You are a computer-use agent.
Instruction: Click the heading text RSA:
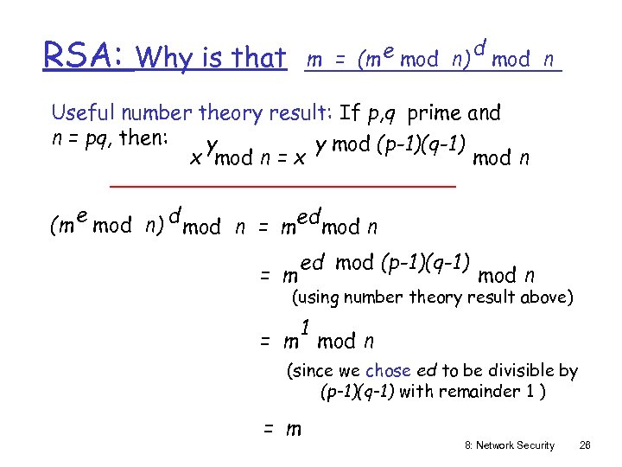[x=86, y=56]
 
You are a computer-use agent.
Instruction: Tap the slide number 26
[x=585, y=445]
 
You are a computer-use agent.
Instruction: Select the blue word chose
[x=388, y=371]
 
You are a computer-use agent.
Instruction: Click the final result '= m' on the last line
[x=282, y=428]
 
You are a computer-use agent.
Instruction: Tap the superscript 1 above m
[x=306, y=326]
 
